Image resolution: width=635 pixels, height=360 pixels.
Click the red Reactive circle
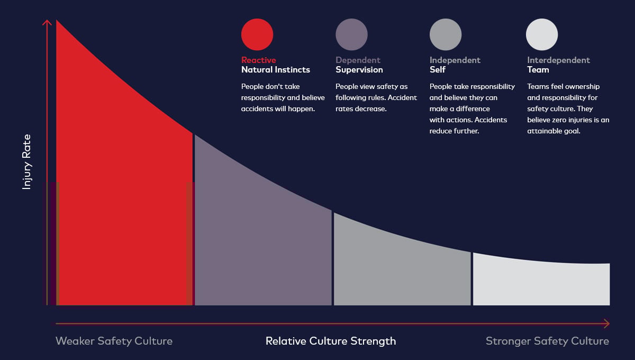coord(257,34)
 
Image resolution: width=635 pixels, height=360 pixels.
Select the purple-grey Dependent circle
coord(351,34)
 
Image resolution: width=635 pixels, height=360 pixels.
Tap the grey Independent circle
coord(446,34)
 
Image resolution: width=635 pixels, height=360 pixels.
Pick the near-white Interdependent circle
coord(542,34)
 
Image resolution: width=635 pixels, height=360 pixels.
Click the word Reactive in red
coord(259,60)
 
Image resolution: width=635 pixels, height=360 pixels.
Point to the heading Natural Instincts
coord(276,70)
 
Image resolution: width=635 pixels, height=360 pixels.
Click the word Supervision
coord(359,70)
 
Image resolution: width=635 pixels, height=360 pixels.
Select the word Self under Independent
coord(438,70)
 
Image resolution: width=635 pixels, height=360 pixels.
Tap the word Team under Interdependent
coord(538,70)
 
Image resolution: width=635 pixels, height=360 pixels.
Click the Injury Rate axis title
coord(26,162)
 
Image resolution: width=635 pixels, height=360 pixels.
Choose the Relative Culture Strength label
coord(331,341)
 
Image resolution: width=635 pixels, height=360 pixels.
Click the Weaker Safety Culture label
coord(114,341)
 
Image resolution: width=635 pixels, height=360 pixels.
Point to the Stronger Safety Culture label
coord(547,341)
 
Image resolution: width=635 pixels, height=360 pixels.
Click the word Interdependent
coord(558,60)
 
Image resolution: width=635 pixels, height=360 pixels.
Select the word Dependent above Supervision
coord(358,60)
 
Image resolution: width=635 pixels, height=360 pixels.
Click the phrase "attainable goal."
coord(554,131)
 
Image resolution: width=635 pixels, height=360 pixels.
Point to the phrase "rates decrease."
coord(361,109)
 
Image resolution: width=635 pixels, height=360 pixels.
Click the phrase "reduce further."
coord(454,131)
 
